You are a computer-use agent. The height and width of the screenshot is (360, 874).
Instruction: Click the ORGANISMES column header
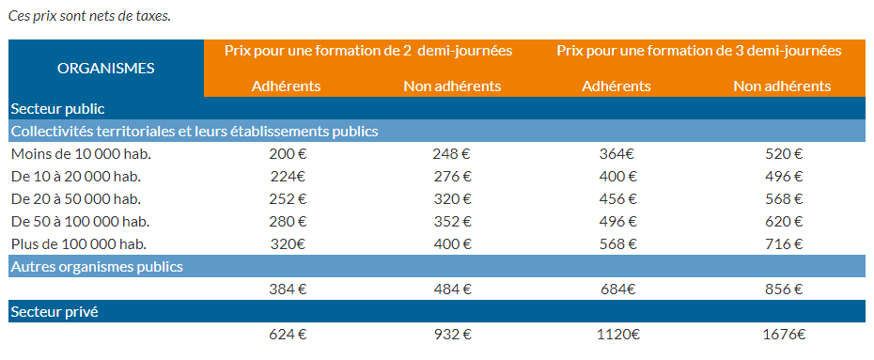(x=106, y=68)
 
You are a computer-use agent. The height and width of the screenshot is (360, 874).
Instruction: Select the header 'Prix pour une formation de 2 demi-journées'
(x=368, y=51)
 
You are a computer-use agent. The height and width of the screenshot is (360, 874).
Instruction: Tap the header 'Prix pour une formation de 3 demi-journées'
(x=698, y=51)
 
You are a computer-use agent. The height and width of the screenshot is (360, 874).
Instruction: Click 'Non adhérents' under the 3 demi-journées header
(x=782, y=86)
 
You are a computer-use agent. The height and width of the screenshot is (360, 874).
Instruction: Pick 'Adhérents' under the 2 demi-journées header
(x=287, y=86)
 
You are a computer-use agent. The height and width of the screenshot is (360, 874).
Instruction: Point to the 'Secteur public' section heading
(x=57, y=109)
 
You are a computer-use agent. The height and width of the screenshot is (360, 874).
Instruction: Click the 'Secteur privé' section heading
(x=55, y=311)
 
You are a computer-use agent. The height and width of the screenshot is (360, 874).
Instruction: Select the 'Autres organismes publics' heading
(x=97, y=266)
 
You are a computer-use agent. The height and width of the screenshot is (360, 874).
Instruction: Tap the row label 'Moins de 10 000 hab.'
(x=81, y=154)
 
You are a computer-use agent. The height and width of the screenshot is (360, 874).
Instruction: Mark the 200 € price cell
(x=288, y=154)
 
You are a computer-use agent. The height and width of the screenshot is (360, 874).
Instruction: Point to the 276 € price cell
(x=452, y=177)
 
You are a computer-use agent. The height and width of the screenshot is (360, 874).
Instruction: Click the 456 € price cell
(x=618, y=199)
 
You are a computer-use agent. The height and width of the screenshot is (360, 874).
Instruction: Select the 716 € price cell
(x=784, y=243)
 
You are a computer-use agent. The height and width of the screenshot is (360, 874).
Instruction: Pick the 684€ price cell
(x=618, y=289)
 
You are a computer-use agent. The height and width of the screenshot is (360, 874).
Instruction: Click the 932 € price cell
(x=452, y=334)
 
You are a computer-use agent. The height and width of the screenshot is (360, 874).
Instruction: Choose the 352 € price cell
(x=452, y=221)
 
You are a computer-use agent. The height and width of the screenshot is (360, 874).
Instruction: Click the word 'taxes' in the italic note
(x=150, y=17)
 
